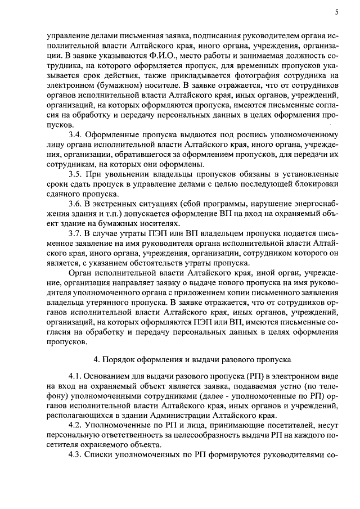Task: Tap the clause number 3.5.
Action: pyautogui.click(x=75, y=174)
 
